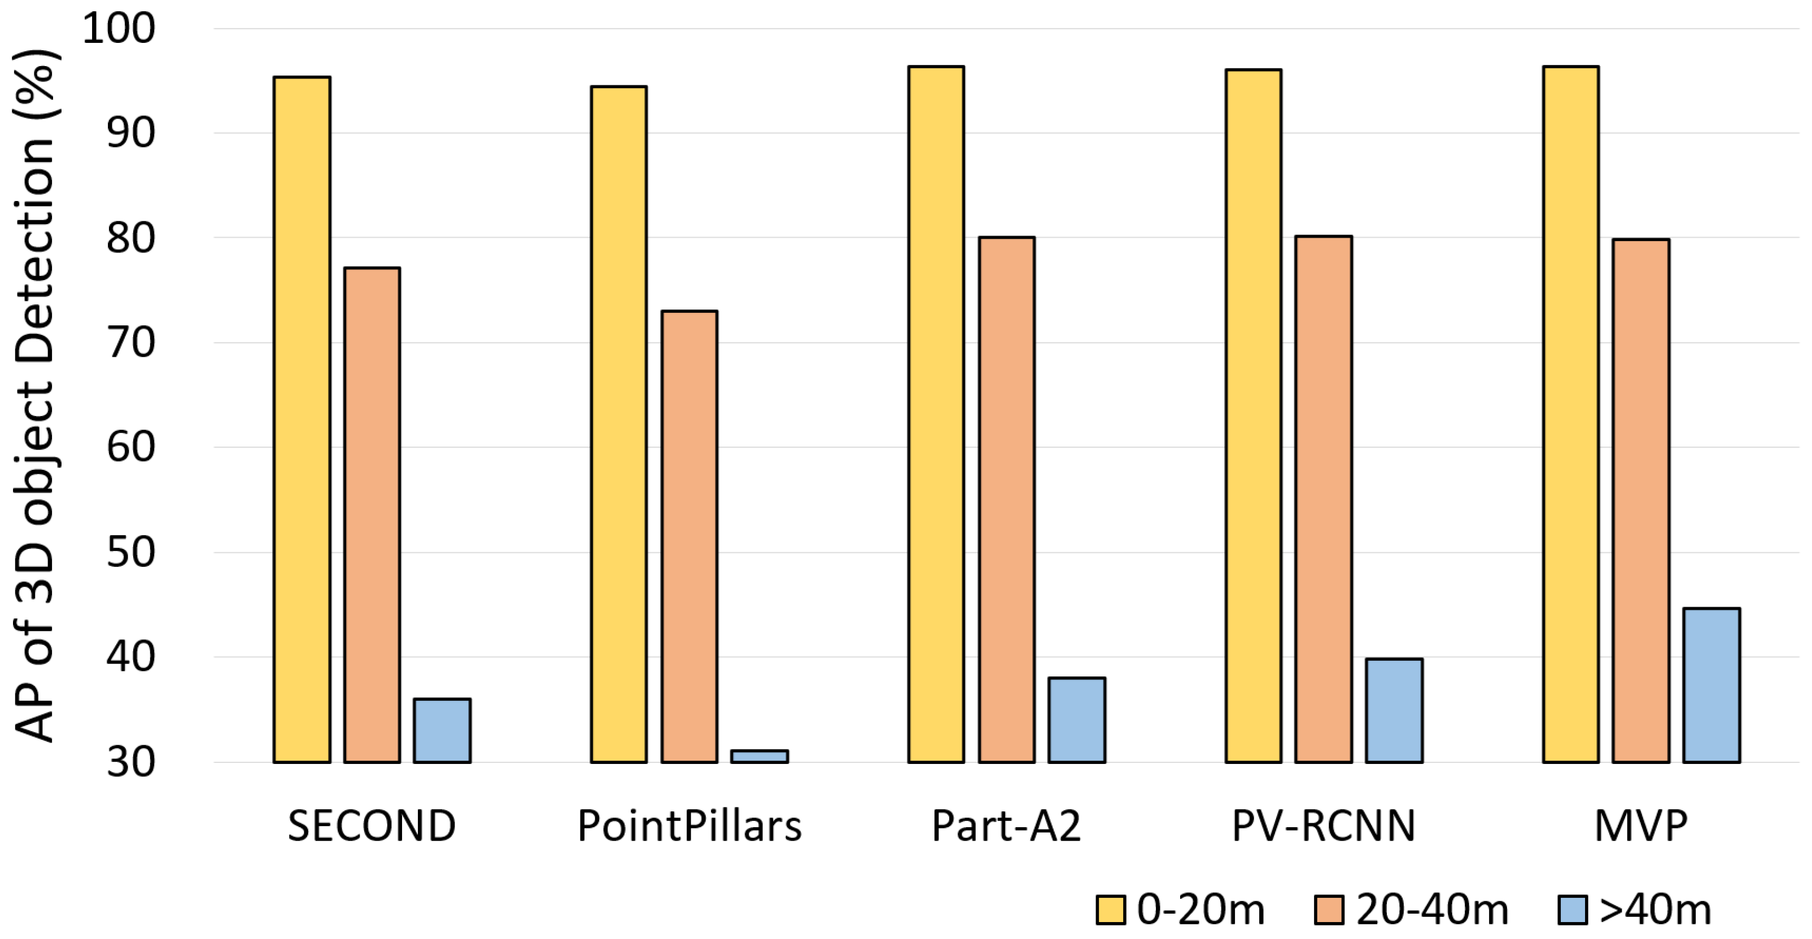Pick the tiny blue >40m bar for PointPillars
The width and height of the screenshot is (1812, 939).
759,756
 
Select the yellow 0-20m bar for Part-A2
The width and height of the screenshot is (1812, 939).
936,414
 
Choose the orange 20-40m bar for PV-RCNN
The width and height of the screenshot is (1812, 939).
1324,499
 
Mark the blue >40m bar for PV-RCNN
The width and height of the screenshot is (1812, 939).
1394,710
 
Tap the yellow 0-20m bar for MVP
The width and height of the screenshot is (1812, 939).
1571,414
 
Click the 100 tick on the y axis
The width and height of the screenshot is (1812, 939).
118,29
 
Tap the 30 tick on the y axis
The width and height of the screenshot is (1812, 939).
131,762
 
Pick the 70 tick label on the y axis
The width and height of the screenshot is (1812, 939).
131,343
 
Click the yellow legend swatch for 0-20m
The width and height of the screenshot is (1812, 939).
1111,910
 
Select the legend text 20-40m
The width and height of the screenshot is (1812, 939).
1432,910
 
